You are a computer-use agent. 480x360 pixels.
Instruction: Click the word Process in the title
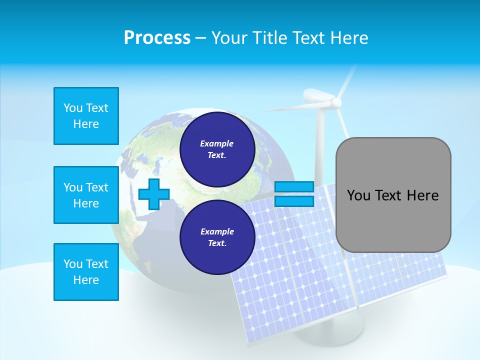click(157, 37)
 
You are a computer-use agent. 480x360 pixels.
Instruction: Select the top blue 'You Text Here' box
click(86, 116)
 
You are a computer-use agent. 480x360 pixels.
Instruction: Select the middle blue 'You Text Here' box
click(86, 195)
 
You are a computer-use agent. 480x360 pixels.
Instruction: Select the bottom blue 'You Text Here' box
click(86, 272)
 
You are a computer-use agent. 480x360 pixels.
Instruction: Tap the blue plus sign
click(153, 194)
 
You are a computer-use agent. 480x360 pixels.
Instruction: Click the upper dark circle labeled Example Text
click(217, 149)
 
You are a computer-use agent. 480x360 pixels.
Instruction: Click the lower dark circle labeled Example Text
click(217, 237)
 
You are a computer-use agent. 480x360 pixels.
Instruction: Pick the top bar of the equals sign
click(294, 187)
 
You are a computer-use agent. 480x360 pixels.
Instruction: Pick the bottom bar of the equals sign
click(294, 201)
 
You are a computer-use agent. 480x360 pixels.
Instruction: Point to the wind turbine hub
click(336, 102)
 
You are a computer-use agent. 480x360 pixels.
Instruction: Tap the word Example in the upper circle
click(216, 143)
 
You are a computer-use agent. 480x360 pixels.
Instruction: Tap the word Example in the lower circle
click(217, 231)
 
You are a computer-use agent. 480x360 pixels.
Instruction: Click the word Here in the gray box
click(422, 195)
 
